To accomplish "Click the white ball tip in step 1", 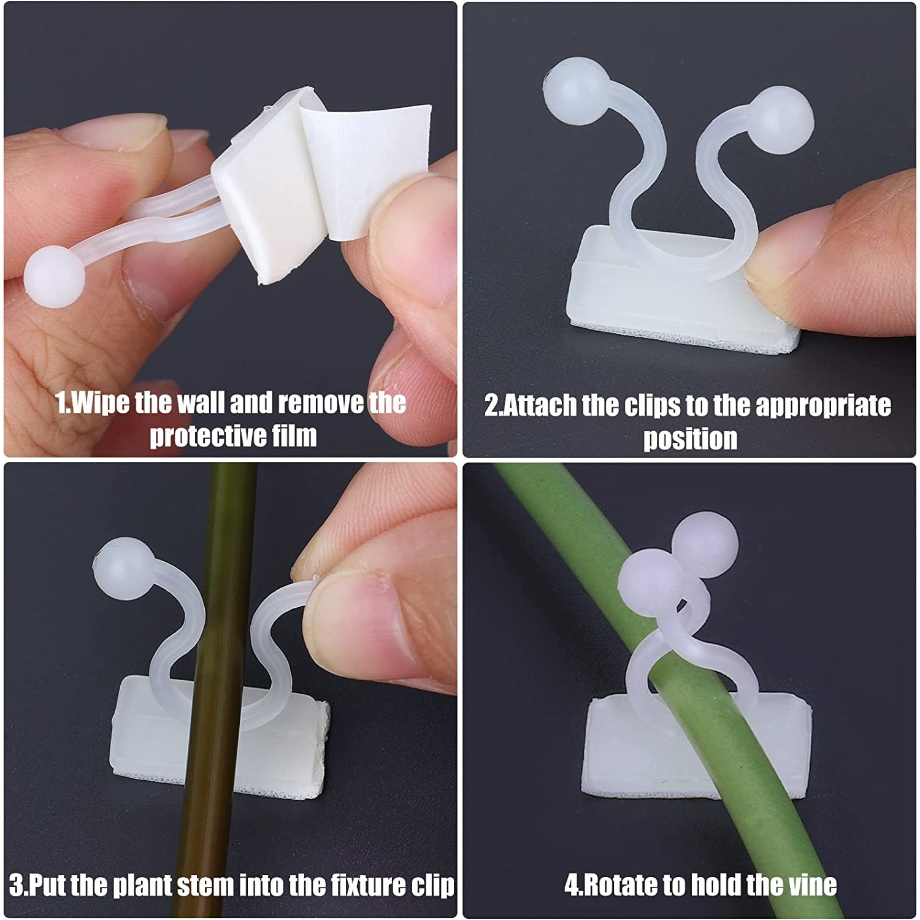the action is coord(54,277).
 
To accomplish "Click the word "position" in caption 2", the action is coord(690,439).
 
